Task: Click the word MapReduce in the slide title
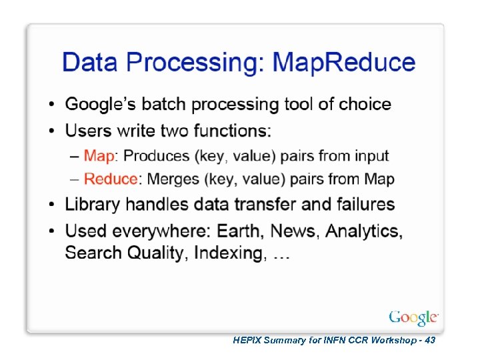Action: click(x=345, y=63)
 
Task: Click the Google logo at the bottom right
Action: click(x=413, y=317)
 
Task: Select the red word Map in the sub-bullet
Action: click(x=99, y=156)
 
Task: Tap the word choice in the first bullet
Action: click(x=365, y=104)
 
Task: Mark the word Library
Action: click(x=93, y=204)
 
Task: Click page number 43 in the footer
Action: click(x=429, y=340)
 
